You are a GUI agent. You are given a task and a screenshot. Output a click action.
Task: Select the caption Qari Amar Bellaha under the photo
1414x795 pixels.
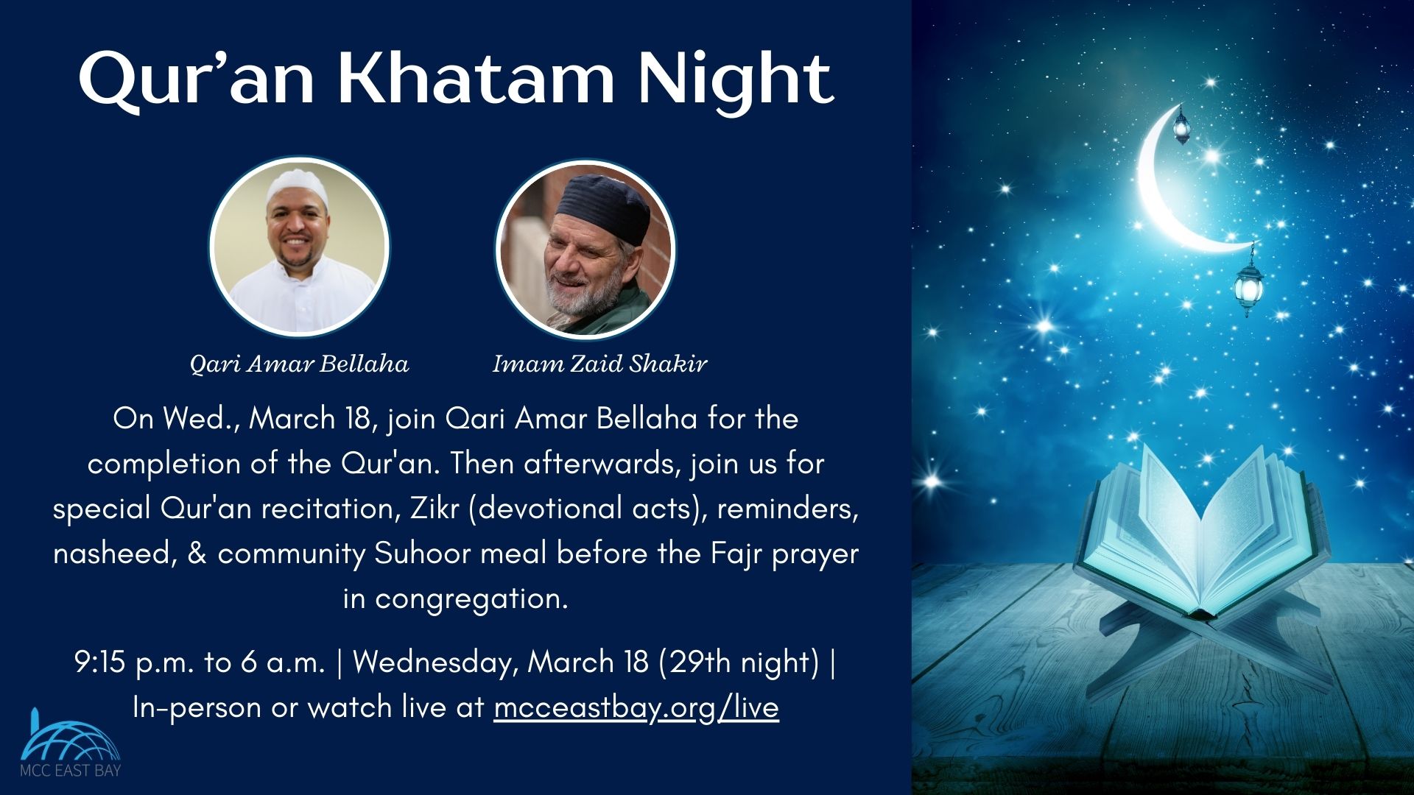(x=299, y=364)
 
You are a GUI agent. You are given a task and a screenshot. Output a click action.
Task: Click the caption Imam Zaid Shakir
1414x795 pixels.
(x=599, y=364)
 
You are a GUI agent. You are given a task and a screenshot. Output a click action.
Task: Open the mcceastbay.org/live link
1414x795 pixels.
(x=636, y=707)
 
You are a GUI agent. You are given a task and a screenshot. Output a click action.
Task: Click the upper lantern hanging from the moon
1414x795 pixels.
(x=1182, y=127)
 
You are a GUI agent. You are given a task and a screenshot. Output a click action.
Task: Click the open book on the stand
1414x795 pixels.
(x=1200, y=531)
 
